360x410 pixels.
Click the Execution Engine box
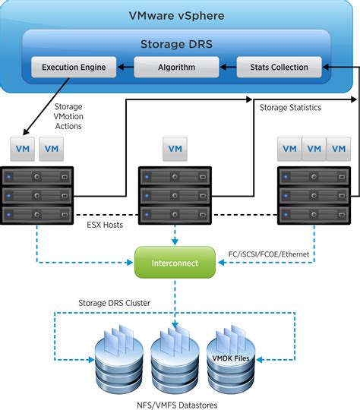(x=74, y=67)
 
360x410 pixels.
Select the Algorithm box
(x=177, y=67)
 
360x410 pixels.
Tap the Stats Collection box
(x=279, y=67)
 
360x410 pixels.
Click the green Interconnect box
(x=175, y=263)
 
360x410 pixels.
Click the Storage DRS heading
(x=176, y=44)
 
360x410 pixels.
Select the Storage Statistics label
(x=290, y=108)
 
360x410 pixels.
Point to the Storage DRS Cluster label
(x=115, y=303)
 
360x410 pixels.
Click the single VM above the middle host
(x=175, y=149)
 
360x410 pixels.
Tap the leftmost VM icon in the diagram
(x=22, y=149)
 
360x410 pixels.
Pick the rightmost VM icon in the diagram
(x=337, y=149)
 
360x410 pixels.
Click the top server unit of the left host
(x=37, y=178)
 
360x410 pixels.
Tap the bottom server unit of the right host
(x=314, y=214)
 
